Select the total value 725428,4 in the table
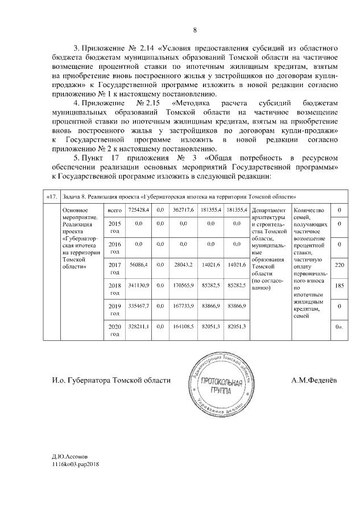[139, 211]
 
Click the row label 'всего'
[115, 211]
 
